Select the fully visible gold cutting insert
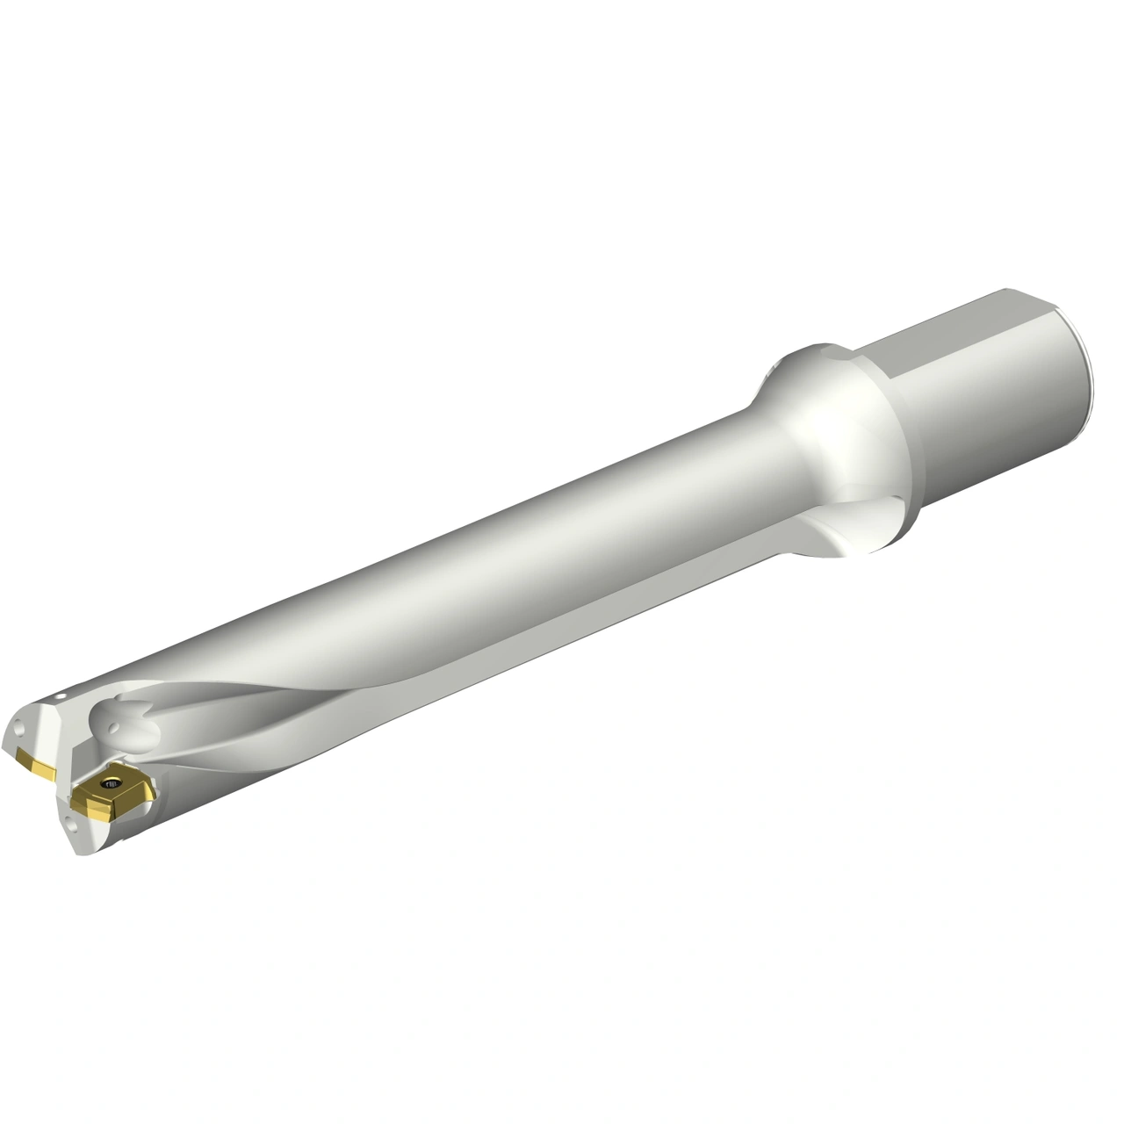pyautogui.click(x=114, y=795)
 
